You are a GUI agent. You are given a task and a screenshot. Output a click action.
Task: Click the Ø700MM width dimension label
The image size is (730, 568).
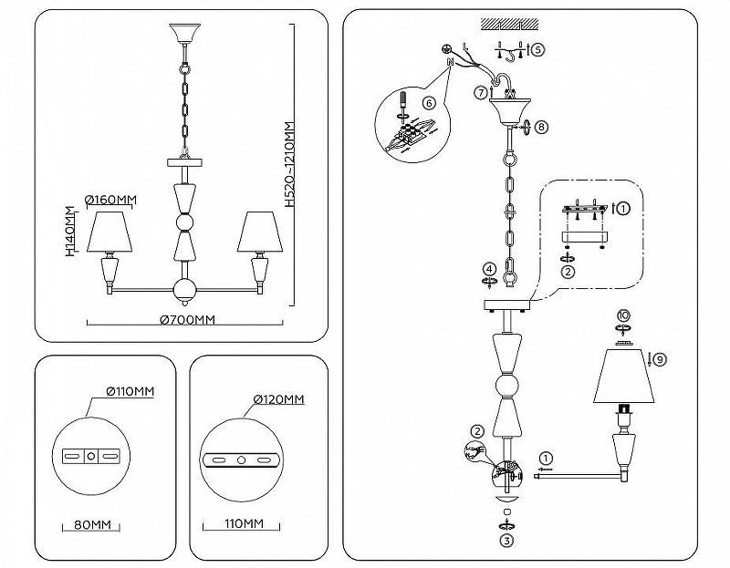point(187,320)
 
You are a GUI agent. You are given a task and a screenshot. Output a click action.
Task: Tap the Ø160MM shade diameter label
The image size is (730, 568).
point(110,200)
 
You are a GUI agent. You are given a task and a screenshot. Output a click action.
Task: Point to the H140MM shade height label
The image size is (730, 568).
point(70,232)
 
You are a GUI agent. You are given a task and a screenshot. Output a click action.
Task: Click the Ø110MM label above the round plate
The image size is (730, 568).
point(130,391)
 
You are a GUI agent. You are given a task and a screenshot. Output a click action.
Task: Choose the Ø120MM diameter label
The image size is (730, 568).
point(279,399)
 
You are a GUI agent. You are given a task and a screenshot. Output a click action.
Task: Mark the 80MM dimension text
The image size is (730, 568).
point(93,525)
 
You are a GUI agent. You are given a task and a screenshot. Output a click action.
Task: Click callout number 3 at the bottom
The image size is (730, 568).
point(506,541)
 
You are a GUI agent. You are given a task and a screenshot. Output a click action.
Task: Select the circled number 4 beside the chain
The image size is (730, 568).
point(489,269)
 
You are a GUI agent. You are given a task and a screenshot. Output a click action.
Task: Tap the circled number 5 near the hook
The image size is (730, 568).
point(537,49)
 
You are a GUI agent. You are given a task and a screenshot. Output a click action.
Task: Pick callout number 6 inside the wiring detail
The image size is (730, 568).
point(429,103)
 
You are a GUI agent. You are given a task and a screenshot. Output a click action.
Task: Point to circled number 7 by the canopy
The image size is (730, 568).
point(481,93)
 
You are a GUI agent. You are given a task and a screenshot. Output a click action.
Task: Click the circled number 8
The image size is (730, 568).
point(541,127)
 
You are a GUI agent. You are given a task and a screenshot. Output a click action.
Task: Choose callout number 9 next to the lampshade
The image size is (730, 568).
point(660,359)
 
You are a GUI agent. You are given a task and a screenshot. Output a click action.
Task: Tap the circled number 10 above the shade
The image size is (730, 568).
point(623,315)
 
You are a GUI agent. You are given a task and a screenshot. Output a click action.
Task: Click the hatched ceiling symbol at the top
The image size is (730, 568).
point(510,25)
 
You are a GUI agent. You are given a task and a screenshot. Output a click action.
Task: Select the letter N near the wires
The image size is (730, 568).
point(450,61)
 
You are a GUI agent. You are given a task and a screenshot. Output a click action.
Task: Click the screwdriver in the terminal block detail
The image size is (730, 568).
point(401,107)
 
